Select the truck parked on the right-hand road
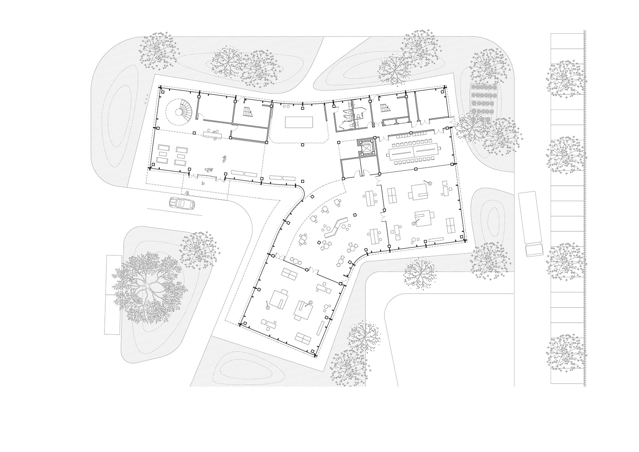(530, 224)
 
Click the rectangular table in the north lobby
(299, 122)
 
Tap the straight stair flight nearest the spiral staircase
(247, 111)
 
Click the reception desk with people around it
(213, 134)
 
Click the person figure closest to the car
(187, 194)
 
